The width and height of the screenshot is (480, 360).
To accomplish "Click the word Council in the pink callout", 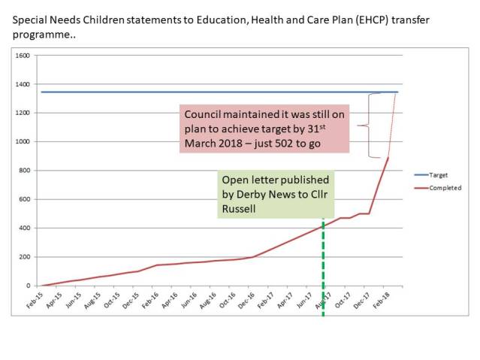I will (x=204, y=114).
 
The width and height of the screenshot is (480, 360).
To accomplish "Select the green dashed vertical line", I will (x=323, y=271).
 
